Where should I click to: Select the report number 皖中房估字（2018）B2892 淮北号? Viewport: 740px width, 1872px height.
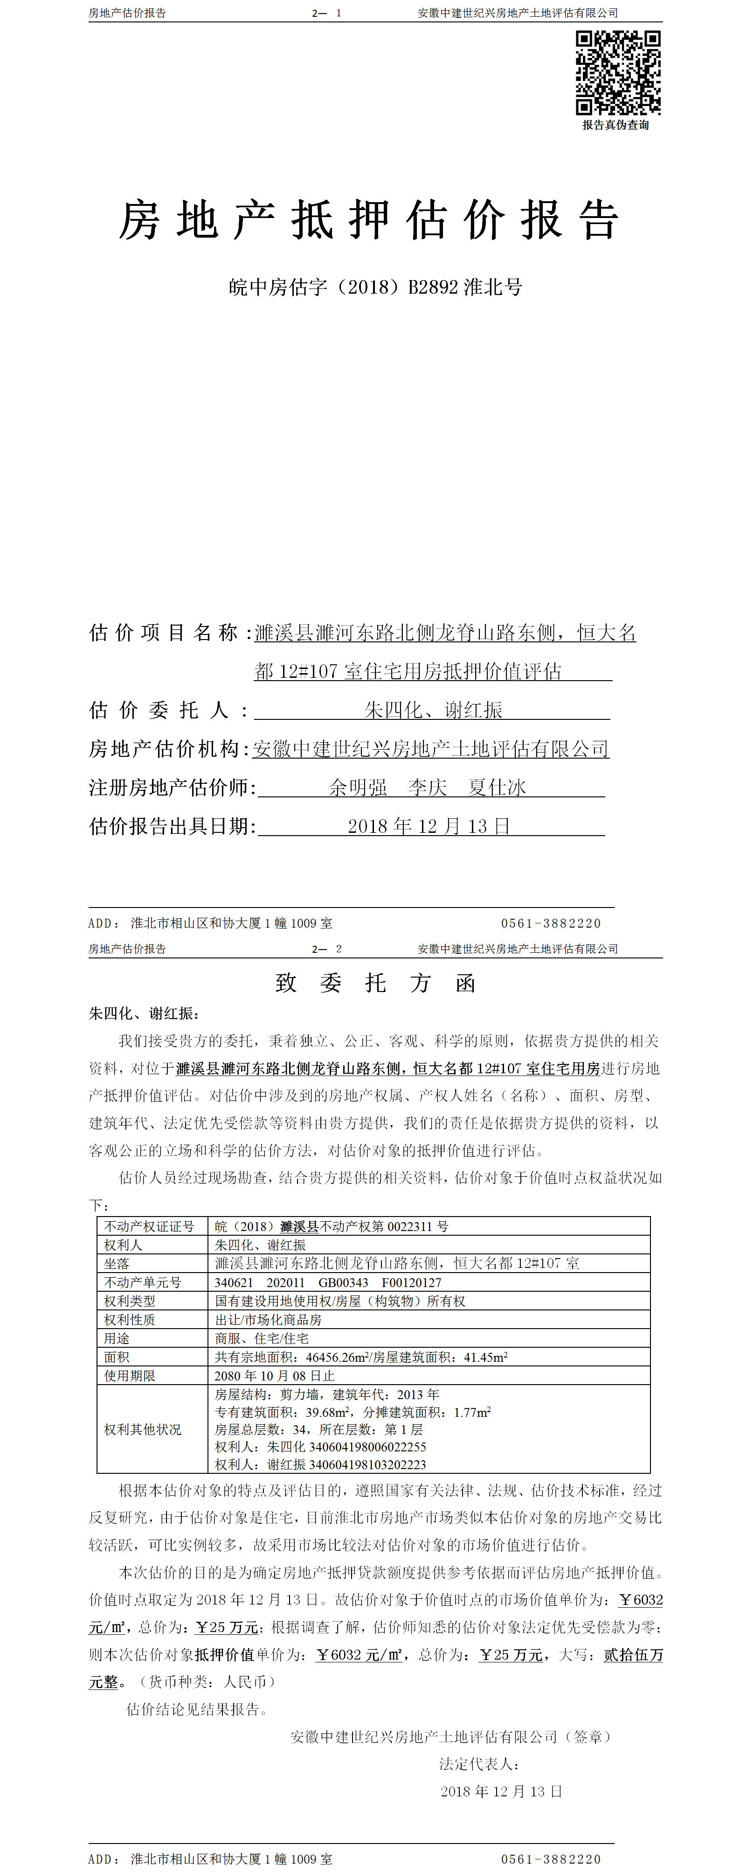(x=375, y=287)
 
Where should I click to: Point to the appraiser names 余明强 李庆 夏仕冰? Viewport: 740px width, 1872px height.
(x=427, y=787)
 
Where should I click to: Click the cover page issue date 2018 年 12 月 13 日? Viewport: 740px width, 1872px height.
(x=429, y=826)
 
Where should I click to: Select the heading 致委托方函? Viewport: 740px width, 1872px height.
(x=375, y=983)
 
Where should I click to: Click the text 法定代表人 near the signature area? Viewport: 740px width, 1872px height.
(x=478, y=1764)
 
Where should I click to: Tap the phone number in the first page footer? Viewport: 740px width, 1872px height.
(x=551, y=923)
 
